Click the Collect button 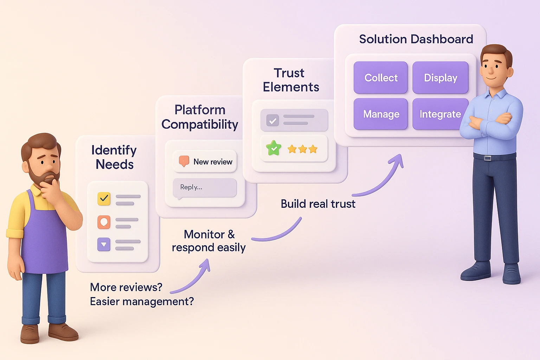(x=380, y=78)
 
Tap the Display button (x=440, y=78)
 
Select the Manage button (x=380, y=114)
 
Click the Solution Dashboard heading (x=416, y=39)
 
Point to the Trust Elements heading (x=291, y=80)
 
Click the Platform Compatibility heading (x=200, y=117)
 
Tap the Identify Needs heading (x=114, y=157)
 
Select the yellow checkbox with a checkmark (x=104, y=199)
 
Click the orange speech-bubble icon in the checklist (x=104, y=222)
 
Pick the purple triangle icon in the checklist (x=104, y=244)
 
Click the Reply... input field (x=205, y=187)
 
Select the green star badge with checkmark (x=274, y=148)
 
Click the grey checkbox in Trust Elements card (x=272, y=121)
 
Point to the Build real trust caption (x=318, y=204)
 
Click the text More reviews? (x=126, y=287)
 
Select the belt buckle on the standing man (x=487, y=158)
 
